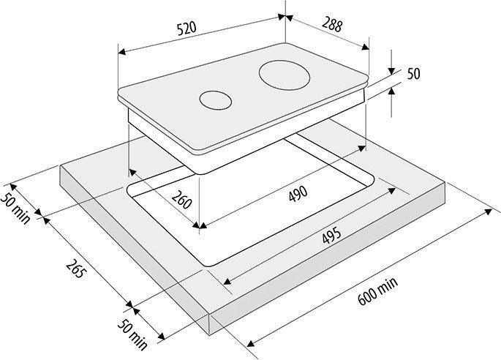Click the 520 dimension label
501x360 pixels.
187,29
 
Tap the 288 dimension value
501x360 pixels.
332,24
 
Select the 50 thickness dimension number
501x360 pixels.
413,74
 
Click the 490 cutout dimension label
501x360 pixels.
298,193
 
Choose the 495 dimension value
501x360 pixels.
331,236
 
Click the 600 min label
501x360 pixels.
378,290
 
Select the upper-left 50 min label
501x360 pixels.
15,208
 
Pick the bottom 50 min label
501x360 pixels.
132,334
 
